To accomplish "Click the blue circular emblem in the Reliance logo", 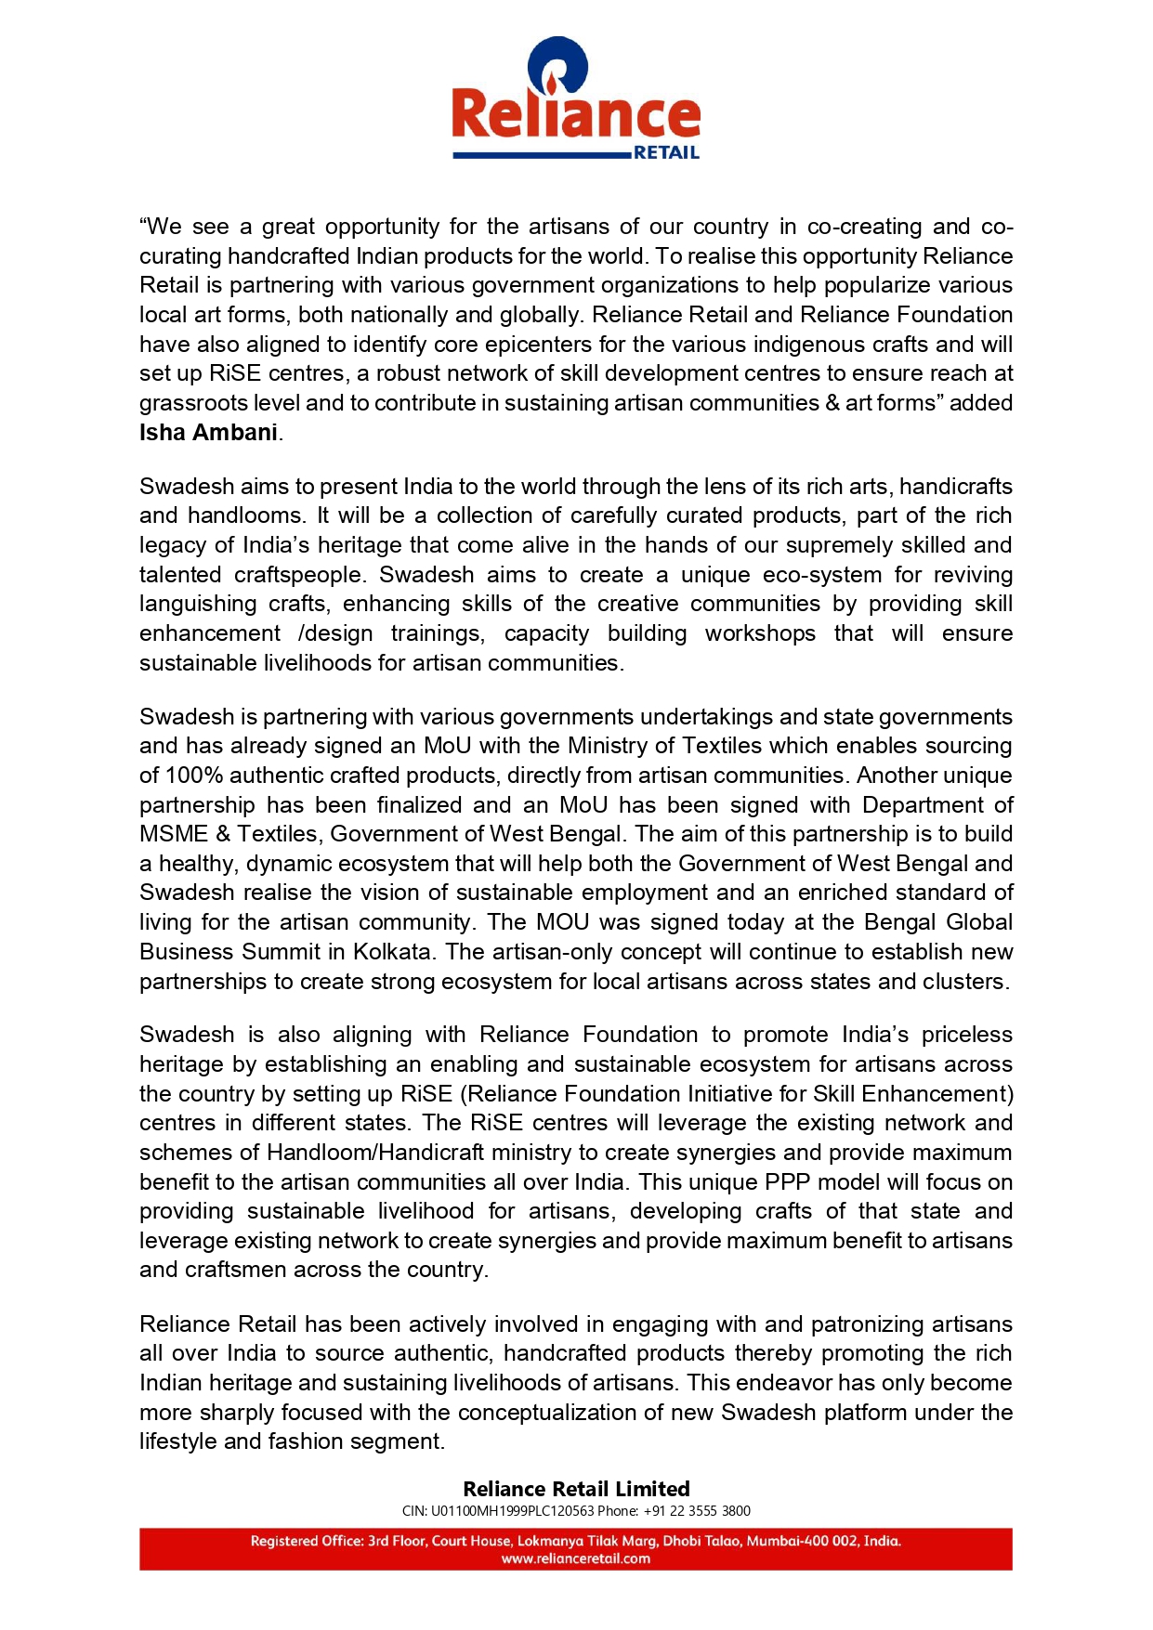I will [x=557, y=65].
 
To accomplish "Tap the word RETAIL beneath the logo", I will [x=666, y=153].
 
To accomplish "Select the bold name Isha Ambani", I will [x=209, y=433].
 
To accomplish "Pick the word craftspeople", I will [x=297, y=575].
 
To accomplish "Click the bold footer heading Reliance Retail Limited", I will [x=576, y=1489].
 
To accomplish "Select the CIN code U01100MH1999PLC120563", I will [x=512, y=1511].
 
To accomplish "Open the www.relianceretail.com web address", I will [x=576, y=1558].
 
